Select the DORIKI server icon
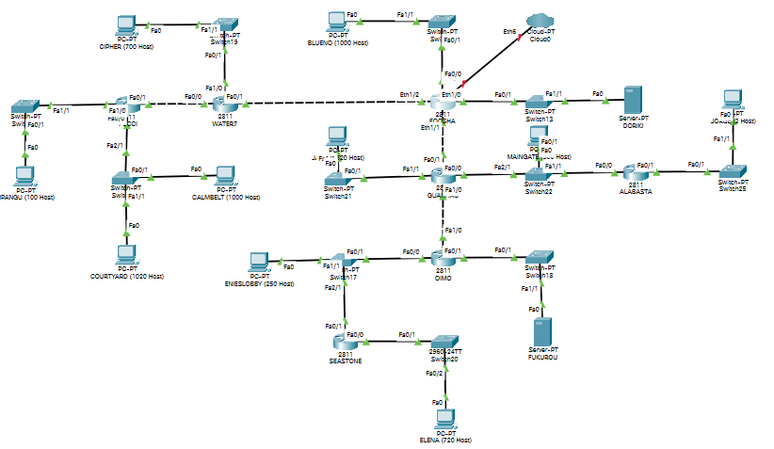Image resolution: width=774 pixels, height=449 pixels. coord(632,99)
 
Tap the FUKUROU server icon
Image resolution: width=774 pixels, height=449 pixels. coord(540,332)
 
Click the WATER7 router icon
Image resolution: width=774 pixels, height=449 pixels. coord(223,103)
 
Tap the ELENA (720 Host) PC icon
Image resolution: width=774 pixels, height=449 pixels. coord(439,418)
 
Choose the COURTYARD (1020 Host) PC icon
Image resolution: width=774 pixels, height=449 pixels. coord(125,256)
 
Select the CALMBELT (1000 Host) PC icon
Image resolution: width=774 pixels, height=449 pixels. coord(224,176)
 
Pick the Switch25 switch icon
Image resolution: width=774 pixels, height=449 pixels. coord(732,173)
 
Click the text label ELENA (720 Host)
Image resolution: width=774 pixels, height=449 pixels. coord(444,441)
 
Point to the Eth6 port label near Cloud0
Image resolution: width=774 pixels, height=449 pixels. coord(509,31)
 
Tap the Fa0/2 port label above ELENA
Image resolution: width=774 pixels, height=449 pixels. coord(433,373)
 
